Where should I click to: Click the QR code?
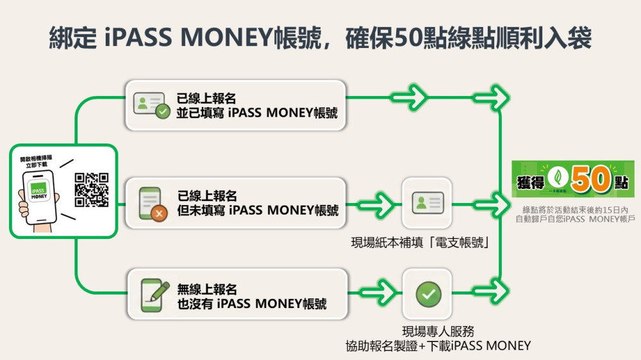(92, 190)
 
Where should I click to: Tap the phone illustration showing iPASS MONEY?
(38, 193)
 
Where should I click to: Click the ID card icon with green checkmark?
(151, 105)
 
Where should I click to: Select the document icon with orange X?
(151, 203)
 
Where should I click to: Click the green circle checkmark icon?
(428, 294)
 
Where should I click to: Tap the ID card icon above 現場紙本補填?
(428, 203)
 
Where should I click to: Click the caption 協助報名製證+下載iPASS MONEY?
(438, 347)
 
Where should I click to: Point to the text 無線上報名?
(207, 289)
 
